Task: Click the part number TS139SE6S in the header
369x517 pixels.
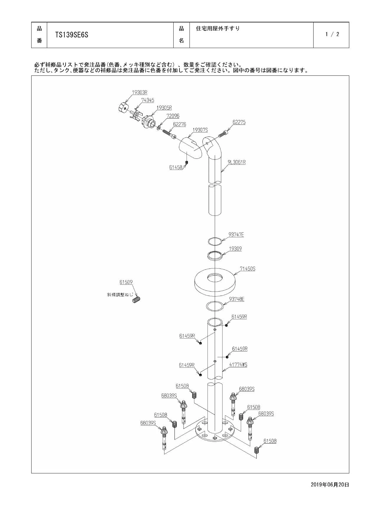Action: (72, 35)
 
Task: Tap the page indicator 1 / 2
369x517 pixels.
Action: (332, 34)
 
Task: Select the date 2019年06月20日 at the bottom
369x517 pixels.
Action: (330, 485)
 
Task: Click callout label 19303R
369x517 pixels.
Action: (139, 92)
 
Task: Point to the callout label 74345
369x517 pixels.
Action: (148, 100)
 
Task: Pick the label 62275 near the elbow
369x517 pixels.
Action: (239, 122)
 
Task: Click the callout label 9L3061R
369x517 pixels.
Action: (236, 162)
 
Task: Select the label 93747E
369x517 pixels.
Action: (236, 235)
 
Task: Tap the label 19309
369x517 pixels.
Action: (235, 249)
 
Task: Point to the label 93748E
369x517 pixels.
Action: (237, 299)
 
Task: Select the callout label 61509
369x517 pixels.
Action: (126, 282)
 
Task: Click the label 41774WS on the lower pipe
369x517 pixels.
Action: (238, 365)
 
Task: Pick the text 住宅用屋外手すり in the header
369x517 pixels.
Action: (218, 29)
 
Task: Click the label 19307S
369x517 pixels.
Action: (200, 130)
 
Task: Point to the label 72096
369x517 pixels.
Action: (173, 116)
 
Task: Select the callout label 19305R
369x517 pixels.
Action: (164, 108)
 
